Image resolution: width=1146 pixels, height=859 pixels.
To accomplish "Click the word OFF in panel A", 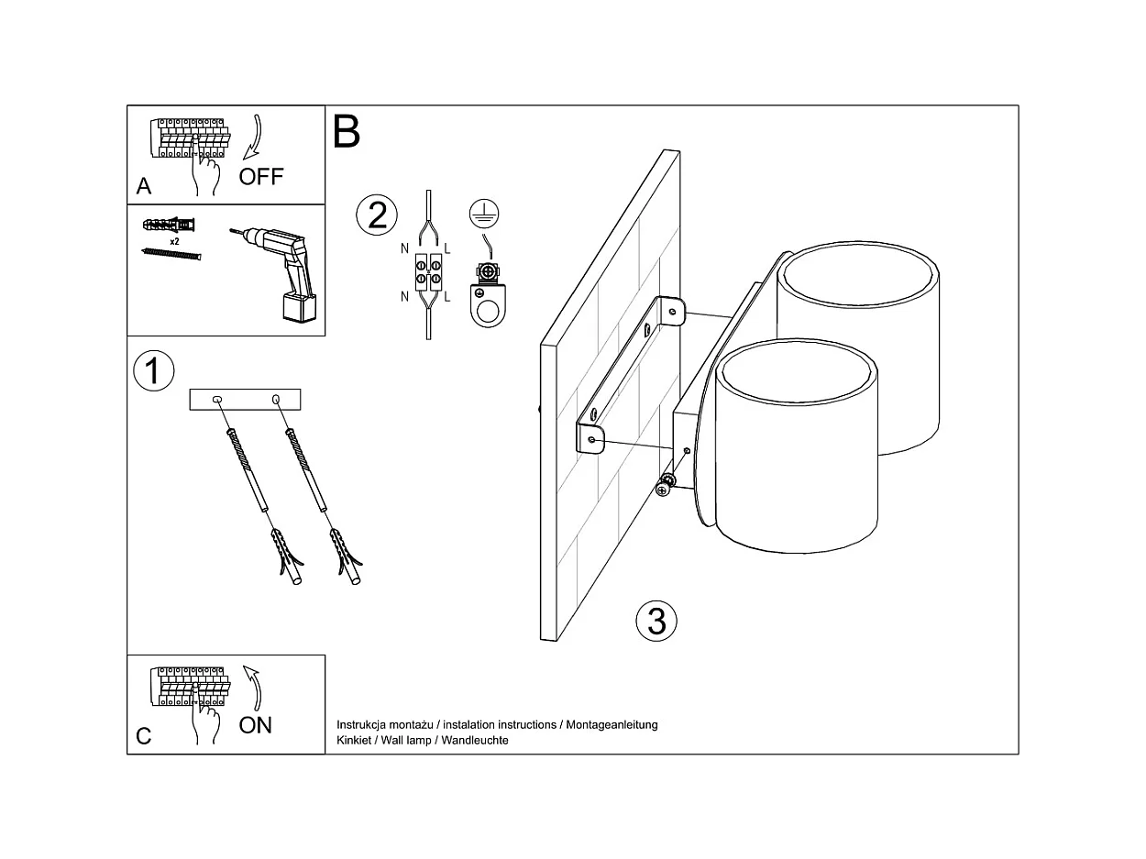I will (261, 176).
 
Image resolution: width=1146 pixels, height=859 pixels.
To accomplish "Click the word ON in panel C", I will (256, 725).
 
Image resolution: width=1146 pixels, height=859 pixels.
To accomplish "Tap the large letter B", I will (347, 132).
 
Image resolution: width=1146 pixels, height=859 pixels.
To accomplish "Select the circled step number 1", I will (153, 371).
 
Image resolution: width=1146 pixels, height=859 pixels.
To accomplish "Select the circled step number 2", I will (377, 215).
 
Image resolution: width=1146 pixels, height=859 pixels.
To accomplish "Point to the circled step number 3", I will (656, 621).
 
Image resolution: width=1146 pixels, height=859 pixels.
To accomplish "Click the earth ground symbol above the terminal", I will (479, 214).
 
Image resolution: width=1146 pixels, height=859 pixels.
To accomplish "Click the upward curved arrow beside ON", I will (252, 687).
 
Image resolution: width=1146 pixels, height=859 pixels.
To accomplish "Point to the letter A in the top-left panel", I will (144, 186).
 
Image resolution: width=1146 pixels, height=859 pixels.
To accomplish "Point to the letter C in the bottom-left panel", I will (143, 736).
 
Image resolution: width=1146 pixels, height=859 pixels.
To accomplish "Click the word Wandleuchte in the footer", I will (475, 740).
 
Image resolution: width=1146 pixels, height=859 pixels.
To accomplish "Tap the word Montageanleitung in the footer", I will (612, 725).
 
